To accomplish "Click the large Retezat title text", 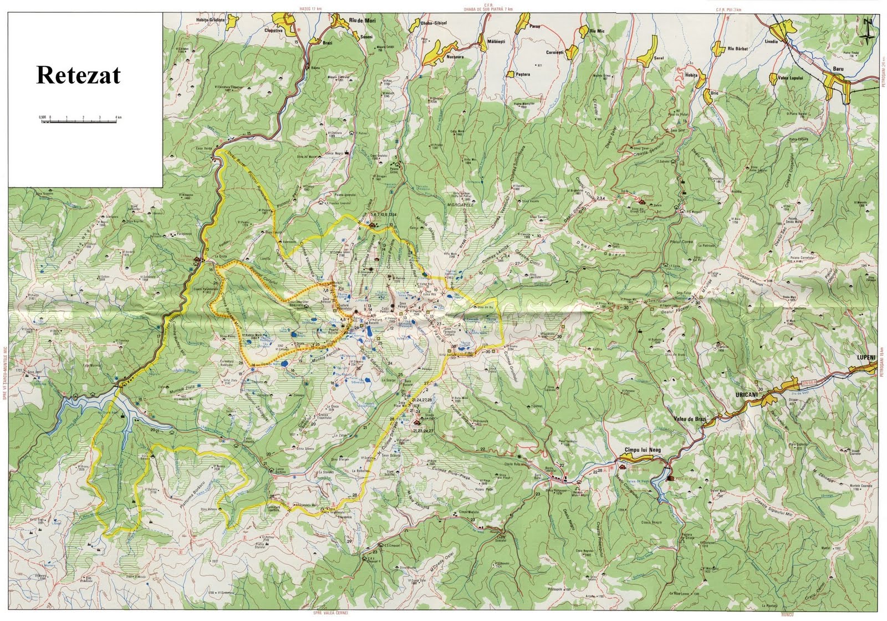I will coord(78,75).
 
